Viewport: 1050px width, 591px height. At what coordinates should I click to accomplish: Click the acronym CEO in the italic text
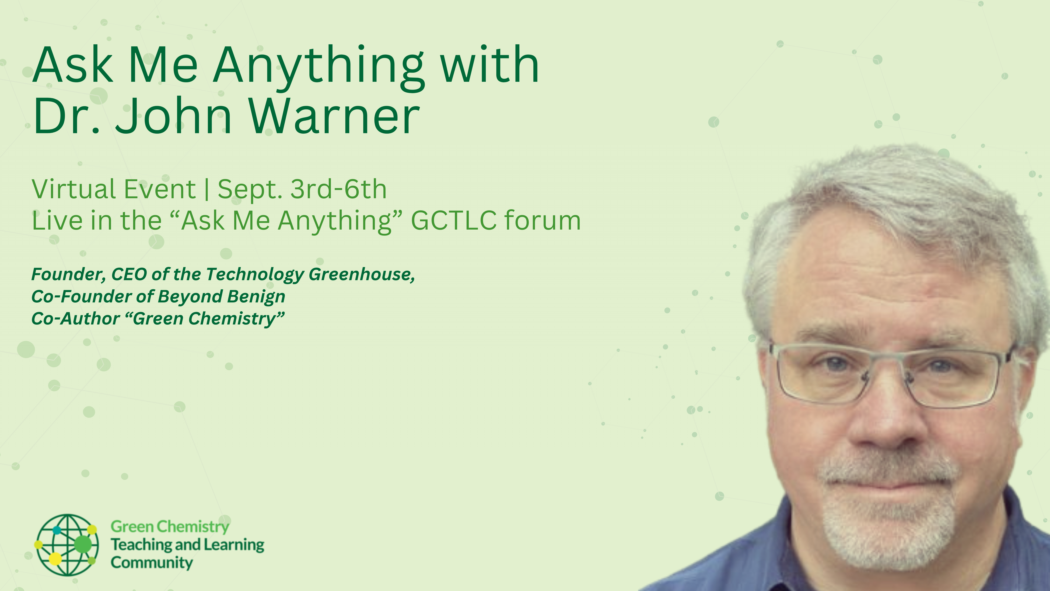pyautogui.click(x=129, y=274)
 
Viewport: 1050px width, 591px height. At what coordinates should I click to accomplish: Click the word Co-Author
pyautogui.click(x=75, y=319)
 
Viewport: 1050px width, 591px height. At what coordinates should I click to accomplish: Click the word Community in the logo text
pyautogui.click(x=152, y=563)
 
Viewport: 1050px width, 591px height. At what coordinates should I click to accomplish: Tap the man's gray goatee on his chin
pyautogui.click(x=887, y=530)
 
